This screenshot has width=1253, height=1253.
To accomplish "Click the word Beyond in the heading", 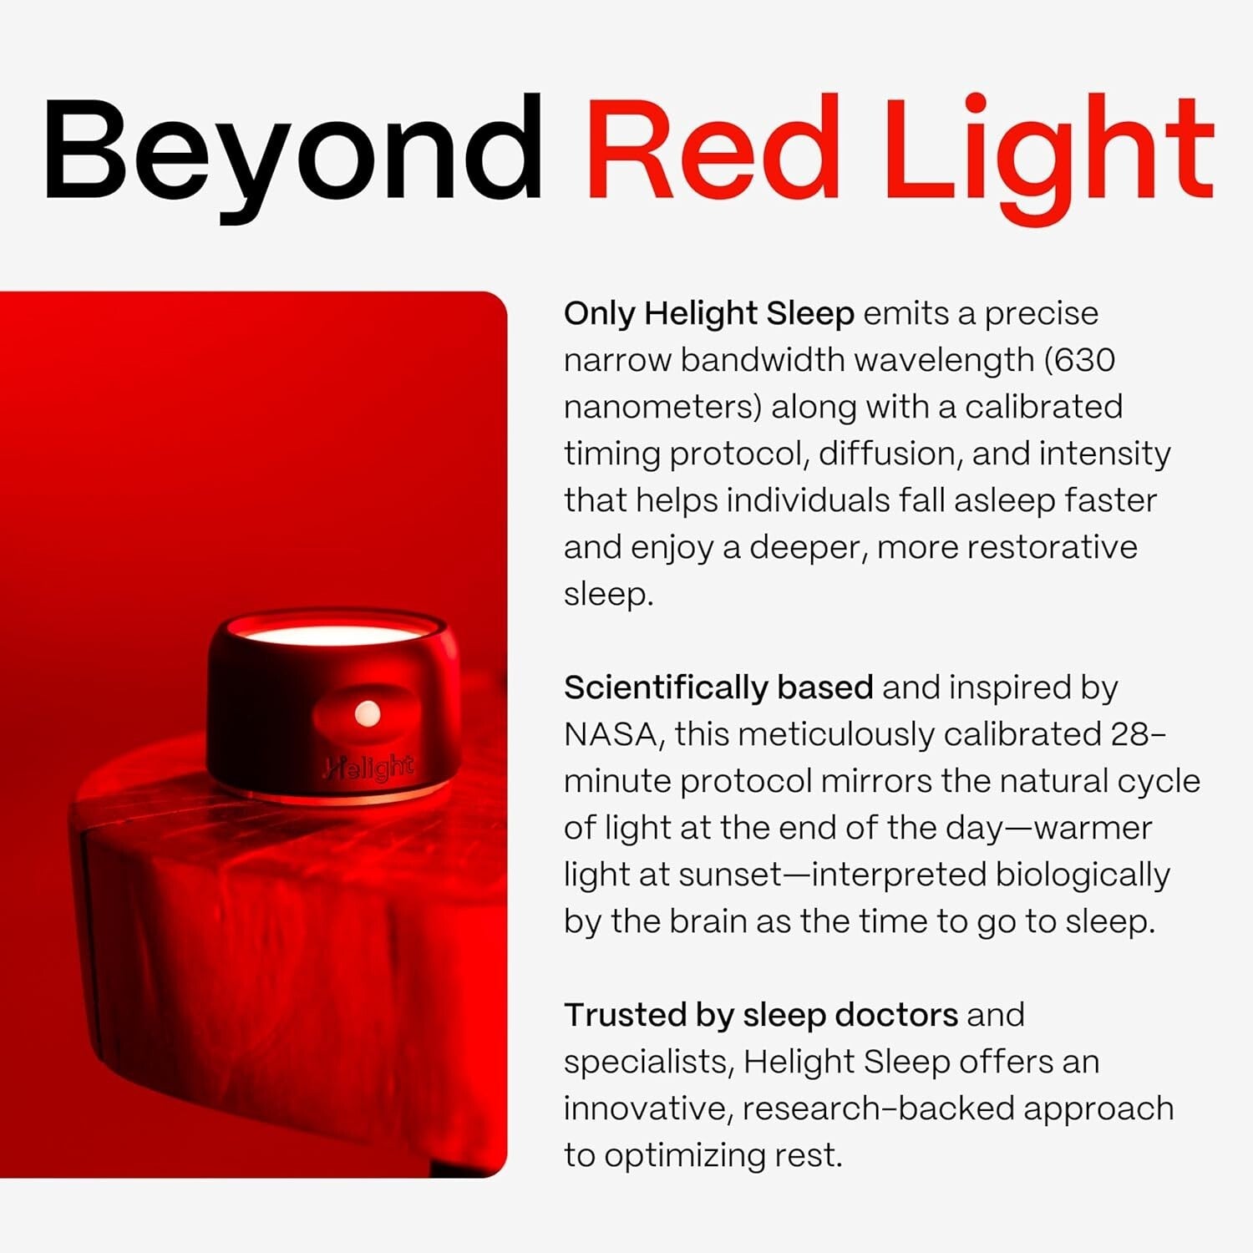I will pos(292,150).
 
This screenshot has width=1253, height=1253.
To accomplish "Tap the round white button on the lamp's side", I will pos(368,713).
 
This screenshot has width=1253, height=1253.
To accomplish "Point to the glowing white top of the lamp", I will pos(334,635).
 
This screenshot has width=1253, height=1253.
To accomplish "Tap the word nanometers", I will pos(662,407).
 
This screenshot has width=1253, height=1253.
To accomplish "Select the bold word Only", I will pos(600,313).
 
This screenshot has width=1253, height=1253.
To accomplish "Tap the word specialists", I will pos(648,1062).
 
